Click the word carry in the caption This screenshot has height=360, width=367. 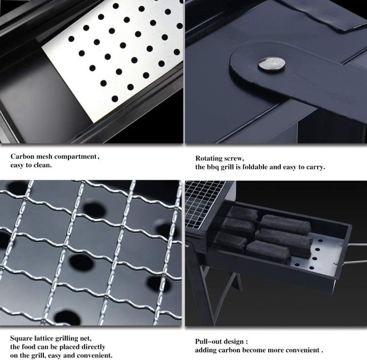click(x=314, y=167)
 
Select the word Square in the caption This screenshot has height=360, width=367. click(x=22, y=339)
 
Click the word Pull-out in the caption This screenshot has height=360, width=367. click(x=211, y=342)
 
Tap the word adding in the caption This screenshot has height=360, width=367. click(x=207, y=350)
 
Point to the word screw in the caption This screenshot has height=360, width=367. click(x=235, y=158)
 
